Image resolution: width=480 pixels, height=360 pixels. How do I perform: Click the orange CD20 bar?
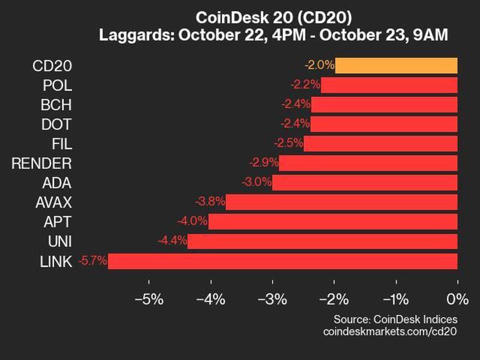tap(396, 65)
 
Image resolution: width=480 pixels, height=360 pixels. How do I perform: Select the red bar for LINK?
tap(283, 261)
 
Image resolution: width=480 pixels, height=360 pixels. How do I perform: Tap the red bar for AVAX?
tap(341, 202)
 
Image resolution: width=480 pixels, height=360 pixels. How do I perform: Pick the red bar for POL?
tap(389, 85)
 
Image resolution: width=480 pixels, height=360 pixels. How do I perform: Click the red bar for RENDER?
tap(368, 163)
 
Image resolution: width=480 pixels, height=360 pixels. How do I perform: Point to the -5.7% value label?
tap(94, 261)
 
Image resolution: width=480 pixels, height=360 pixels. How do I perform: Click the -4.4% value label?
tap(173, 242)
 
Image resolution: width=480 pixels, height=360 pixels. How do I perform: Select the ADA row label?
tap(59, 183)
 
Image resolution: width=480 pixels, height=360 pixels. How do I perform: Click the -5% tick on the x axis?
tap(149, 298)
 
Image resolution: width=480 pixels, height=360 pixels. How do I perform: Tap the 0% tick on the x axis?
tap(457, 298)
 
